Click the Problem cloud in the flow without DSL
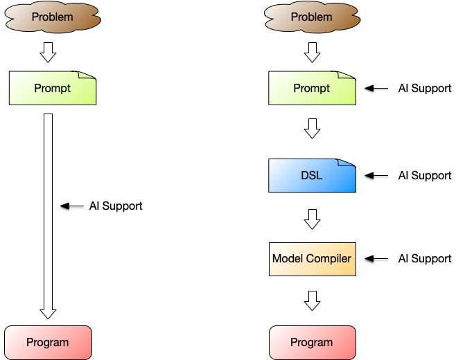click(x=53, y=17)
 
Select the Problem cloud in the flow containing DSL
click(x=312, y=17)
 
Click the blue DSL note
click(x=312, y=176)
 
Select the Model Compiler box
click(x=312, y=259)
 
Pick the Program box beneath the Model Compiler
click(x=312, y=342)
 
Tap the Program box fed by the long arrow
click(x=48, y=342)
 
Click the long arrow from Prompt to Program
click(x=48, y=208)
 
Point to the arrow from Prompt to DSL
click(x=312, y=129)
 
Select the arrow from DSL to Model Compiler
click(x=312, y=219)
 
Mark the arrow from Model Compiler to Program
click(x=312, y=300)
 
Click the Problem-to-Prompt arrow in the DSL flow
click(x=312, y=52)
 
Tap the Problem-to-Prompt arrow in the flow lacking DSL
click(x=48, y=52)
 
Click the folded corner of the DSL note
click(x=347, y=165)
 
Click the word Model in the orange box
click(x=288, y=259)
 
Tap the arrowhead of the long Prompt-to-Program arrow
click(x=48, y=313)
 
